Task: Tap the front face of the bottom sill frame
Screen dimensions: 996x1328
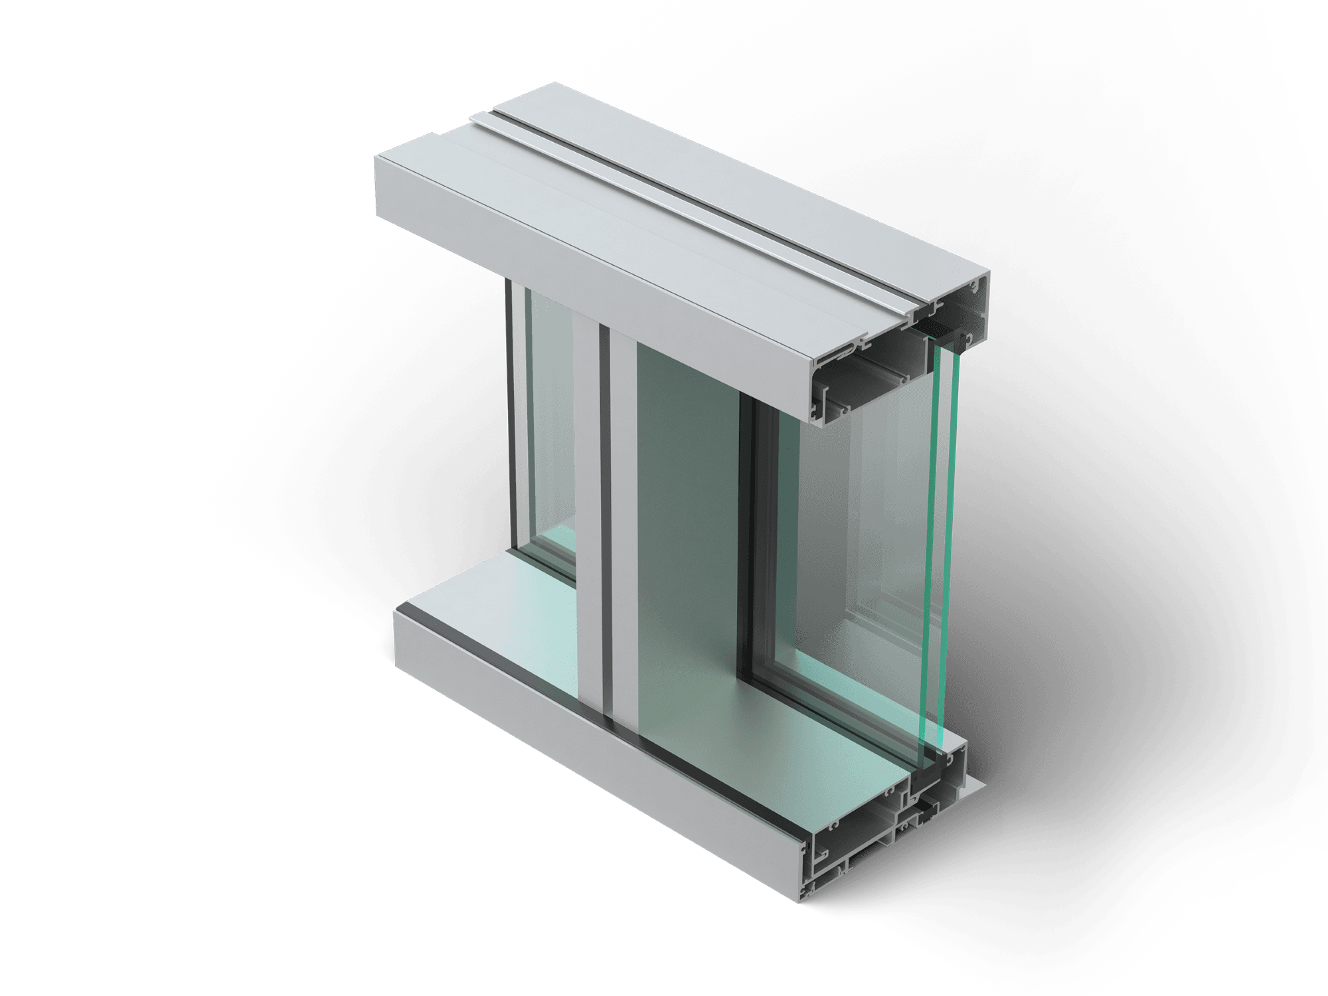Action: coord(598,750)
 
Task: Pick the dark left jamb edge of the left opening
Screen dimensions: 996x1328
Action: coord(511,412)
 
